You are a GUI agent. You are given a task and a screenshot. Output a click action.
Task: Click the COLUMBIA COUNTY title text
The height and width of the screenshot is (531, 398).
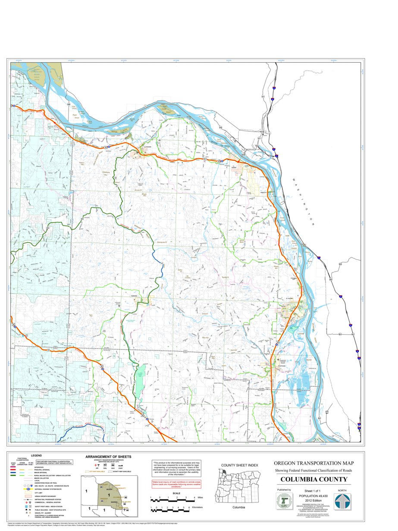click(314, 480)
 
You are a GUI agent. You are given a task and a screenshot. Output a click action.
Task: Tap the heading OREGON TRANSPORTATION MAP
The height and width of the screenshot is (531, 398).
click(314, 464)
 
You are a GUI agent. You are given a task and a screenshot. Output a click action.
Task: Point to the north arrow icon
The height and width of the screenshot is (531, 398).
click(343, 502)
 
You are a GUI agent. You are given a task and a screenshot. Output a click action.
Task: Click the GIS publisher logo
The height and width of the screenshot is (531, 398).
click(284, 502)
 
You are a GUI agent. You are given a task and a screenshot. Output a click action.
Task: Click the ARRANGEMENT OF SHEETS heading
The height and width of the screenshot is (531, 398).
click(109, 456)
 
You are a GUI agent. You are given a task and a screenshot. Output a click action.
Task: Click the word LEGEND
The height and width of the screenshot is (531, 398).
click(36, 455)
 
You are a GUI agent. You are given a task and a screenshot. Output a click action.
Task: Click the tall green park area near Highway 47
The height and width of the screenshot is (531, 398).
click(140, 380)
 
